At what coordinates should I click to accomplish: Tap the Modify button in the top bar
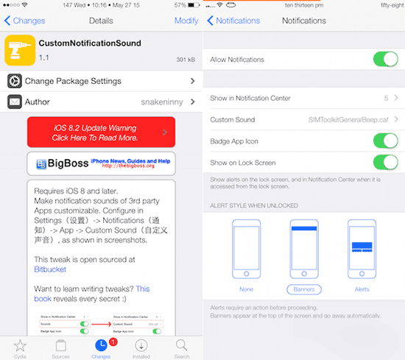(x=186, y=21)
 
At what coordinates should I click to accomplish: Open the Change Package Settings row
(x=73, y=81)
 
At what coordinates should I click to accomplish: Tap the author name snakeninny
(x=161, y=102)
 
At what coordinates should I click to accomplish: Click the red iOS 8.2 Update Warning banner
(x=101, y=133)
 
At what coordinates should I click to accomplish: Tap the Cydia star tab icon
(x=20, y=344)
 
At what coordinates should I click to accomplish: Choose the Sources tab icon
(x=60, y=344)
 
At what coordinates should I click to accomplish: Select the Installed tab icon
(x=141, y=344)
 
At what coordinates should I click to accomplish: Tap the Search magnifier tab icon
(x=182, y=344)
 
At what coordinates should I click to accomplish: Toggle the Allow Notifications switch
(x=385, y=59)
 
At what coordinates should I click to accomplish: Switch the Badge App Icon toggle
(x=385, y=141)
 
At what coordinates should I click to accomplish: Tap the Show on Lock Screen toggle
(x=385, y=162)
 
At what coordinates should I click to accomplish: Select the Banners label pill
(x=303, y=289)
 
